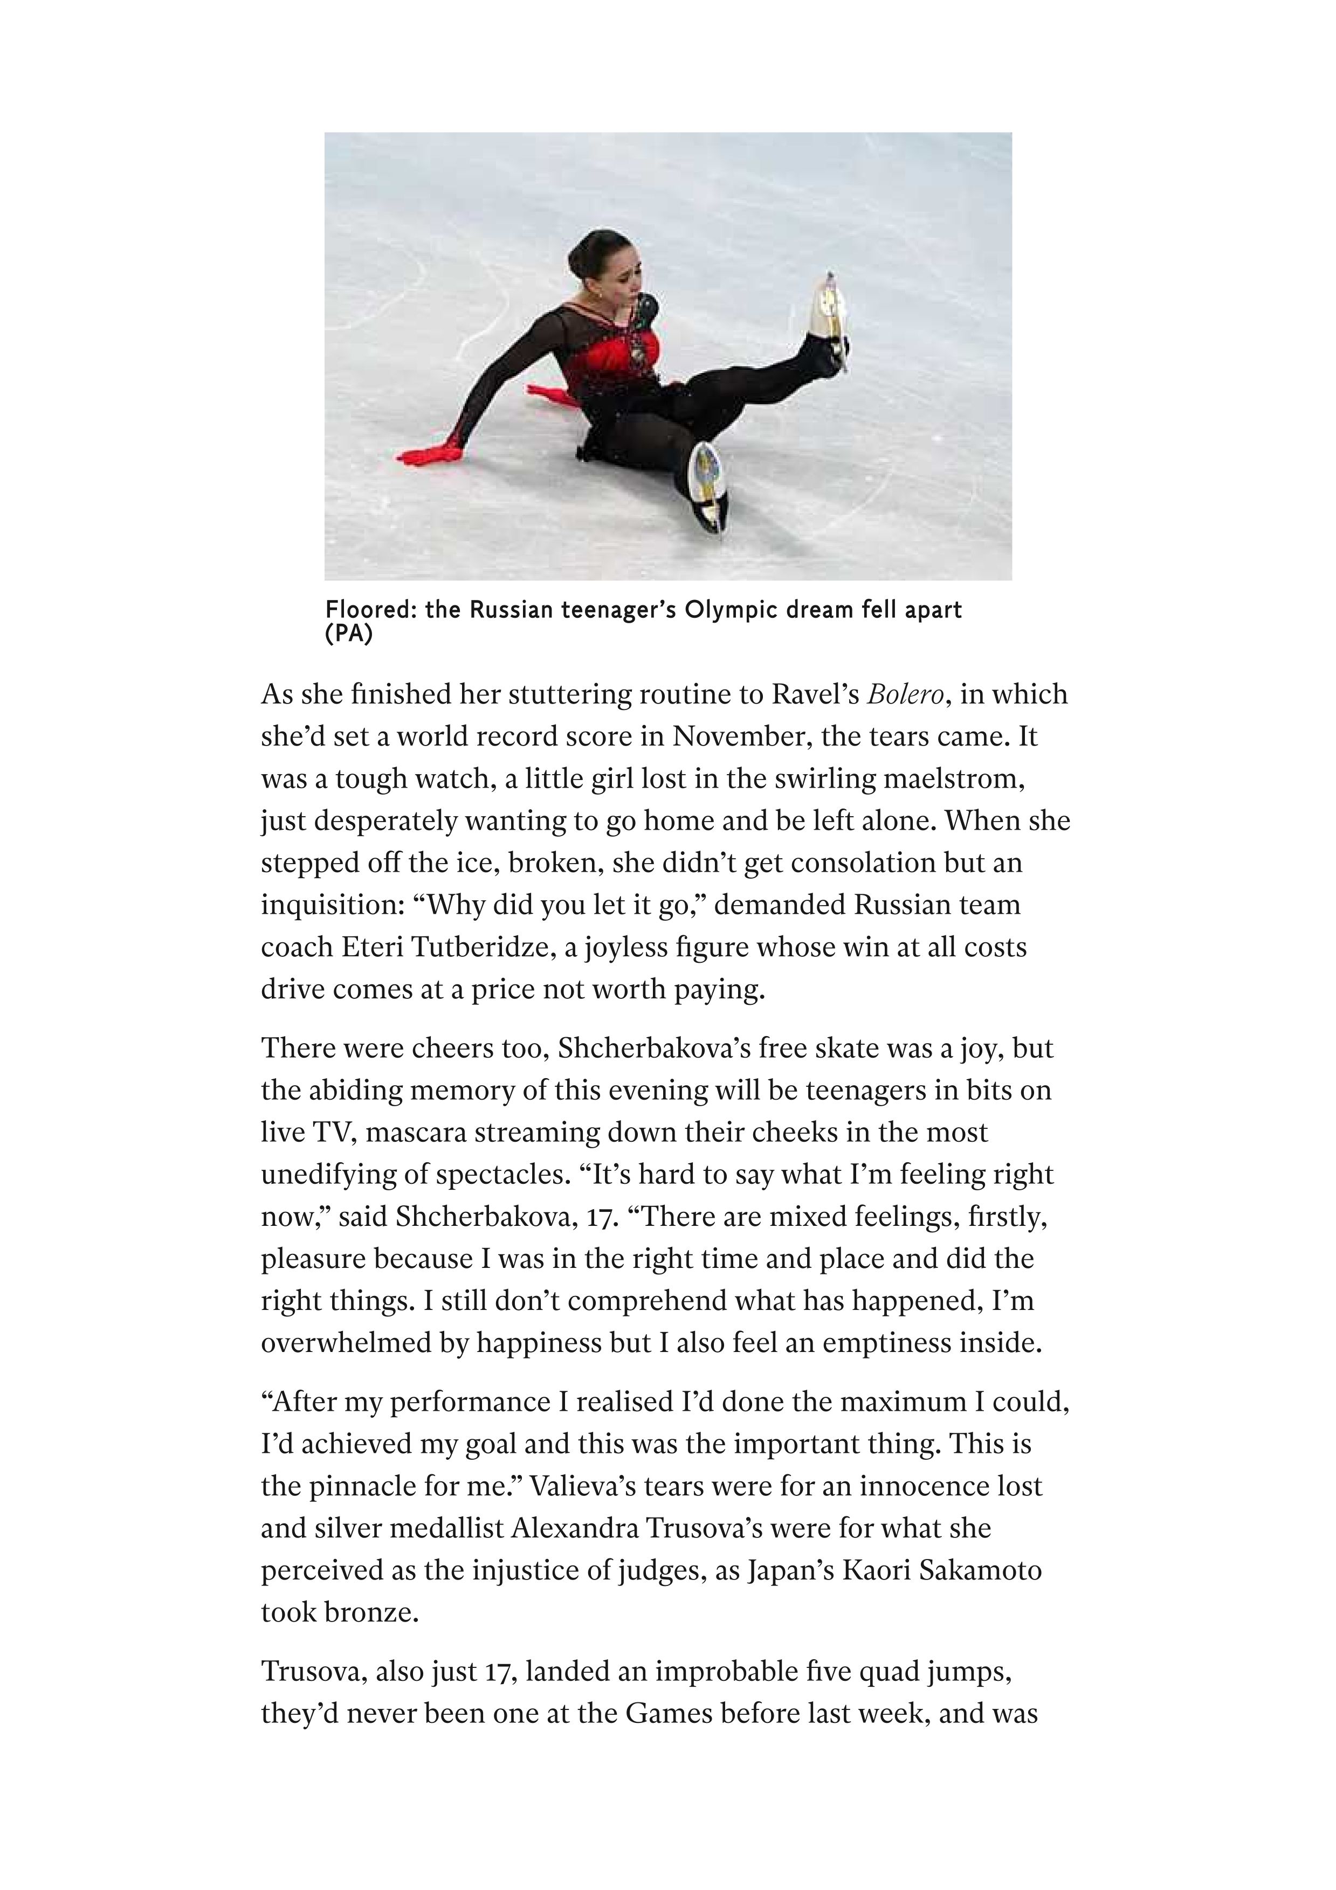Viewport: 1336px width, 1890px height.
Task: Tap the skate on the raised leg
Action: pos(830,321)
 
